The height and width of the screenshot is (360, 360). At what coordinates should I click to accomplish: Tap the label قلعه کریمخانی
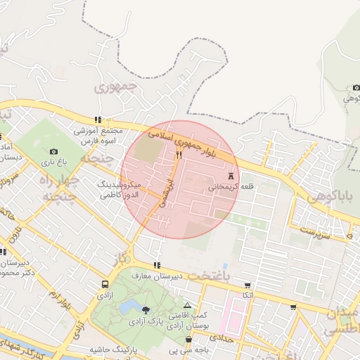[x=232, y=188]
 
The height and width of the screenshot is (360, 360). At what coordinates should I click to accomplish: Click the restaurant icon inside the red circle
[x=179, y=155]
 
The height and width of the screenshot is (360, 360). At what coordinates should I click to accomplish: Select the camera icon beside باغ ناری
[x=54, y=151]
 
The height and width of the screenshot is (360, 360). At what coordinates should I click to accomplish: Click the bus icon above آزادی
[x=105, y=285]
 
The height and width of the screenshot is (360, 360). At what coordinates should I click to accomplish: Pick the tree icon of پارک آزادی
[x=145, y=309]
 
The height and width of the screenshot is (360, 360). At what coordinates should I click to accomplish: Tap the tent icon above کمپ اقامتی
[x=186, y=305]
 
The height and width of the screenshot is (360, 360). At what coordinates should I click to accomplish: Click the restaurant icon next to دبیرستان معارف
[x=156, y=265]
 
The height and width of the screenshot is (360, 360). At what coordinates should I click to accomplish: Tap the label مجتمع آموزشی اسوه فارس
[x=98, y=136]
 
